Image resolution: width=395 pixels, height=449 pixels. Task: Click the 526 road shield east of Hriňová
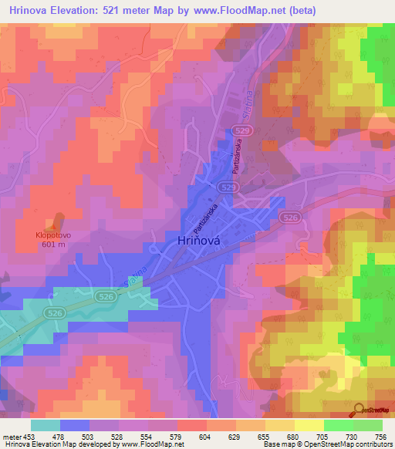point(290,219)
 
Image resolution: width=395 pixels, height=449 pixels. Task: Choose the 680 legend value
point(290,436)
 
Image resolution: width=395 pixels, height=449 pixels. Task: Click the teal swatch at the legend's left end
point(46,425)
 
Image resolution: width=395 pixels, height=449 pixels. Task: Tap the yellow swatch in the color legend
point(309,425)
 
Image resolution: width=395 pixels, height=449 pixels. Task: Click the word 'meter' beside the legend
point(11,436)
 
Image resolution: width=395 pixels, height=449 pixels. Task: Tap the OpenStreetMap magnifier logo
point(358,409)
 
